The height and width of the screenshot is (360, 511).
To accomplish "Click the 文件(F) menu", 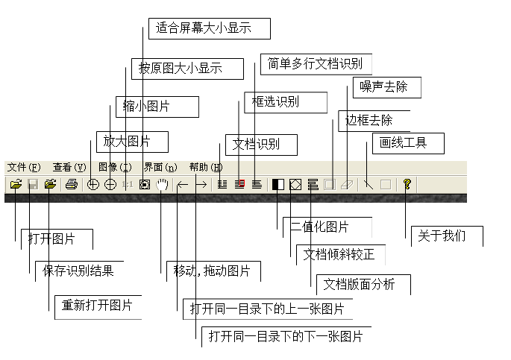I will tap(22, 168).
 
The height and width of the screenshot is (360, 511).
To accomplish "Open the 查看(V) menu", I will tap(69, 168).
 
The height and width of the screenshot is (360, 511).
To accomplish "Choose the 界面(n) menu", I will tap(160, 168).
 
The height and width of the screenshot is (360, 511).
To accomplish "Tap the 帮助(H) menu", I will tap(206, 168).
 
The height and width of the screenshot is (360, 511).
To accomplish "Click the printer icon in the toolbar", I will tap(71, 184).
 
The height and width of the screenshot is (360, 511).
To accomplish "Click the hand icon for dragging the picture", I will tap(163, 184).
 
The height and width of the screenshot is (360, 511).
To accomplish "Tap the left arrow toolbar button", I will tap(183, 184).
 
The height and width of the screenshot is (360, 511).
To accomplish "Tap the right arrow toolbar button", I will tap(201, 184).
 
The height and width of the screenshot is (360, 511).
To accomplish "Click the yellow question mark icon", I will tap(407, 184).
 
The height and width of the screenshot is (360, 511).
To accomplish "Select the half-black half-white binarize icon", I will tap(278, 184).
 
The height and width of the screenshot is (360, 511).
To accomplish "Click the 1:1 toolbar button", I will tap(128, 184).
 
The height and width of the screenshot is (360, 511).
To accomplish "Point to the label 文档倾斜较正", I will tap(338, 254).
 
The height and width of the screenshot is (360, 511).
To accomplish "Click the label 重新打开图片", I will tap(97, 306).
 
